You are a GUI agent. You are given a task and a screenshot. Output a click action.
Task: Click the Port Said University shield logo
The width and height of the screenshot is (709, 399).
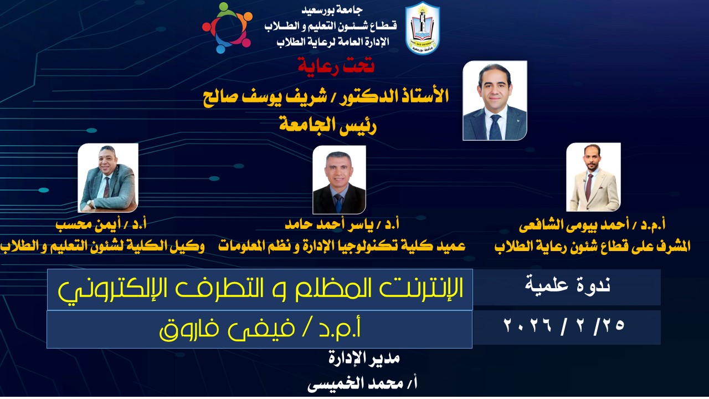coord(423,28)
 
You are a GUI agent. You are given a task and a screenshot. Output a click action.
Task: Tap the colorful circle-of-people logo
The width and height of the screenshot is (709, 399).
coord(227,28)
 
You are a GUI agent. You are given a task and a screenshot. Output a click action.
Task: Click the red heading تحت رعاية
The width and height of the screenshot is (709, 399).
coord(336,66)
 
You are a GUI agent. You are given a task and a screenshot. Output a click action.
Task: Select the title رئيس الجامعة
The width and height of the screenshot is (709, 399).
coord(327,126)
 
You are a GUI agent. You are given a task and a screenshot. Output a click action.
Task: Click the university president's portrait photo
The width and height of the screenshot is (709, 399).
coord(495,100)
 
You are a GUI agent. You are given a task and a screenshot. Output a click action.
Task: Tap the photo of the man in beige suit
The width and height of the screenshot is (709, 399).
coord(593,177)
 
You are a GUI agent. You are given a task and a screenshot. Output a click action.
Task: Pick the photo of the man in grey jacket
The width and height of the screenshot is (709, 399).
coord(108,178)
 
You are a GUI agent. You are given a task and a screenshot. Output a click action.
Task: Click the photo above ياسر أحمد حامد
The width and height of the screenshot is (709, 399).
coord(339,180)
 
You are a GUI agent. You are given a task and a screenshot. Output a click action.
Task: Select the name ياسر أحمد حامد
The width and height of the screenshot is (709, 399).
coord(330,224)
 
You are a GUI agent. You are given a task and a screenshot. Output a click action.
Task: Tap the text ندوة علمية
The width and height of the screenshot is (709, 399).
coord(568,285)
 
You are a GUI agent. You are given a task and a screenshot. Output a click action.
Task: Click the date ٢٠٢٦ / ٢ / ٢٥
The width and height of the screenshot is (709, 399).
coord(564,325)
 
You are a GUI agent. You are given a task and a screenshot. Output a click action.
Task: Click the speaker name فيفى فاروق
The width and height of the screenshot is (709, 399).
coord(227,330)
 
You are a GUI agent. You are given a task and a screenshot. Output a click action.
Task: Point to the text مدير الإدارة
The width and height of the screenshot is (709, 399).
coord(364,358)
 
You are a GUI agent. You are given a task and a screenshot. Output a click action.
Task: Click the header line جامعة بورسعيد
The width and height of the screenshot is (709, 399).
coord(332,10)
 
